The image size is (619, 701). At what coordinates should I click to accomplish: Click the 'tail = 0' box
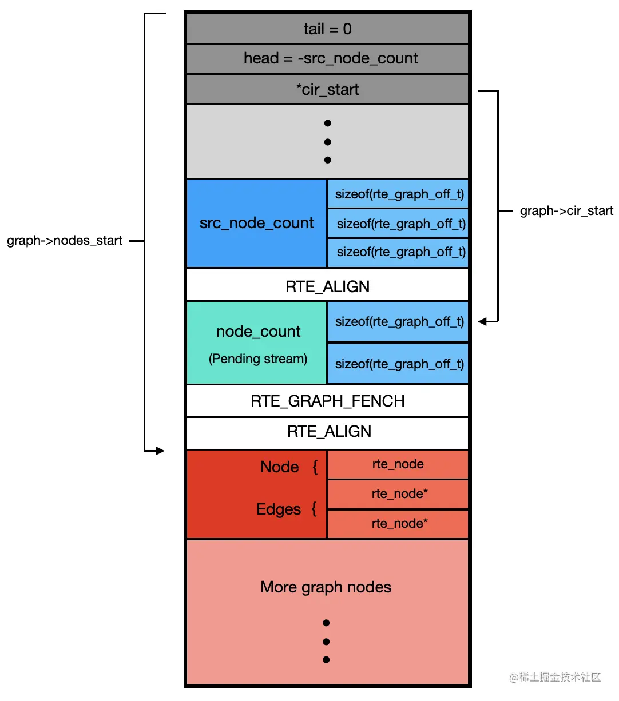327,29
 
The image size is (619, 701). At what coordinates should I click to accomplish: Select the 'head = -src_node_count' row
330,58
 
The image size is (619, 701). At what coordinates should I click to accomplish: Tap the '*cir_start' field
327,89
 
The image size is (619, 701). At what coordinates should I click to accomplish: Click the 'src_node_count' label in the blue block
256,223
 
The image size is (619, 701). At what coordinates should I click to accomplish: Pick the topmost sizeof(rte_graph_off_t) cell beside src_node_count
399,194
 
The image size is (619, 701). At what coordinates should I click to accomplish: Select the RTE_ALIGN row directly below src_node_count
327,286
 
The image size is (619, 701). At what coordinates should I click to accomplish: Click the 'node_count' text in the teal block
258,332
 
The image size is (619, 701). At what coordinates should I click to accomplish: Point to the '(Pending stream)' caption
258,359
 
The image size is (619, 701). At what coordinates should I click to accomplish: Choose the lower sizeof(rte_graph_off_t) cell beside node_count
399,364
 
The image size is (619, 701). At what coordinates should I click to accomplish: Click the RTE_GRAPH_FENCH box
327,401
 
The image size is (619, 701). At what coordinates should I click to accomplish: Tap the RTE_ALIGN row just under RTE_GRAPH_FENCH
328,431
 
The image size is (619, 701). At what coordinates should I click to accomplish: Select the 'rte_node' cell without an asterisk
398,464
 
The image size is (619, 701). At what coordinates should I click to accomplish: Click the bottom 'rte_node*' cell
399,523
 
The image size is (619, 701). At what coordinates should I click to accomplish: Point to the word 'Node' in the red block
279,467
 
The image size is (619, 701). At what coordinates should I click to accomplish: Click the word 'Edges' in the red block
278,509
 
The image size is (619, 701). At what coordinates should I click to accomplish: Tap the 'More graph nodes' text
326,587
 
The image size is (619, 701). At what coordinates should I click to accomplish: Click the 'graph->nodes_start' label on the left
65,240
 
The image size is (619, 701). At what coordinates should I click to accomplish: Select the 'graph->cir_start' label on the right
566,210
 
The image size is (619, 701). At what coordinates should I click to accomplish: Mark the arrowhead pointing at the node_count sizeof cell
483,322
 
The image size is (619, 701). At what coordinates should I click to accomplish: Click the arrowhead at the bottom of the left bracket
160,451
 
